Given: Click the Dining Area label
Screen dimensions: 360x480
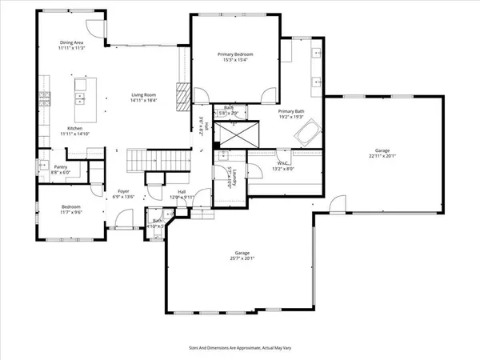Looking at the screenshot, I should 72,42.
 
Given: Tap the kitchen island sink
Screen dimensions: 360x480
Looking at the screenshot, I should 81,98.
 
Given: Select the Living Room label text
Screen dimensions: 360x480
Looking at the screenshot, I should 144,95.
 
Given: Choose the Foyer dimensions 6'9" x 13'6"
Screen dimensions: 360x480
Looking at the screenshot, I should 124,196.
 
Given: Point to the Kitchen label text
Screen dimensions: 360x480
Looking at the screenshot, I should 74,128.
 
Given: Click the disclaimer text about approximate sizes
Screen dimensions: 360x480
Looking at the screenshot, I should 239,348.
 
